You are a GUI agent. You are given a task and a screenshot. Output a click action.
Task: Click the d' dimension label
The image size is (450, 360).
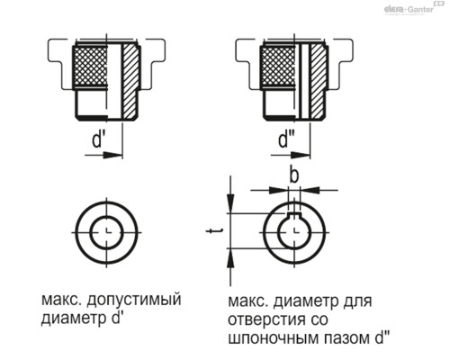click(x=101, y=140)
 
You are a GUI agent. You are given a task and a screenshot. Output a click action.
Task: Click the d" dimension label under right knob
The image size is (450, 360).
click(x=287, y=140)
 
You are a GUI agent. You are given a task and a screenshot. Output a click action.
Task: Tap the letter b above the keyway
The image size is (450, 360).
click(x=293, y=173)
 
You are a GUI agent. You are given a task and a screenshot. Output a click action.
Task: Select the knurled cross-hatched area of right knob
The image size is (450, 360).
click(x=276, y=70)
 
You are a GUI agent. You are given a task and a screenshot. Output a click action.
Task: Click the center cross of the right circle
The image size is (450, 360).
click(x=294, y=232)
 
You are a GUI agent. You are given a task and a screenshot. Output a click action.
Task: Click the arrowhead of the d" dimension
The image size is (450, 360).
click(x=303, y=155)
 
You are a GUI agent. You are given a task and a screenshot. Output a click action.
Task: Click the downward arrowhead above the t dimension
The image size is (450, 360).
click(x=232, y=206)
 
